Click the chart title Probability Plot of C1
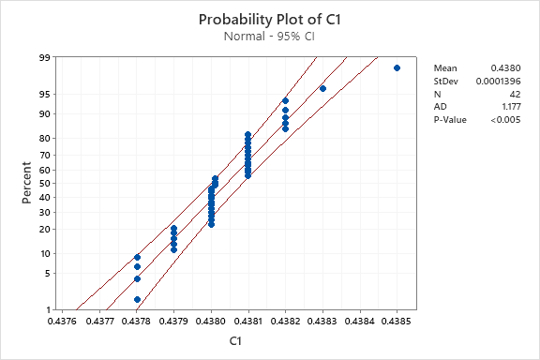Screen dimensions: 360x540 (269, 19)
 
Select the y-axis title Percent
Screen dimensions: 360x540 (28, 183)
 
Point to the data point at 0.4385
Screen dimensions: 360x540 (397, 68)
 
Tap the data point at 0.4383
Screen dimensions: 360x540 (322, 88)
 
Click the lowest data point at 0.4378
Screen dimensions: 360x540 (137, 299)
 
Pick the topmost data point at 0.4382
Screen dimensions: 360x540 (285, 100)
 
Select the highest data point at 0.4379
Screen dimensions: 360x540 (173, 228)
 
